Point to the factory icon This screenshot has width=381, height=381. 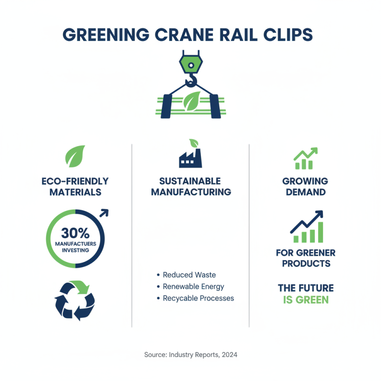tap(190, 157)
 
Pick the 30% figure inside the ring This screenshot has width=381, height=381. tap(75, 233)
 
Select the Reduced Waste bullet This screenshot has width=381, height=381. tap(189, 275)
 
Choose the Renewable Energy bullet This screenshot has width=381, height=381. tap(193, 287)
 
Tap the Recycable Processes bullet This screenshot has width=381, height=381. tap(198, 298)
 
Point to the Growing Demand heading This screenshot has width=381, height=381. tap(305, 187)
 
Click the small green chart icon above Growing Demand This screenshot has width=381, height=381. tap(305, 159)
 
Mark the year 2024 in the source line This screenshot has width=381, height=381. tap(229, 355)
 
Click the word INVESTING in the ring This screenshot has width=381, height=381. tap(75, 250)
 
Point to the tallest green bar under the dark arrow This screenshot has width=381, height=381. tap(320, 232)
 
